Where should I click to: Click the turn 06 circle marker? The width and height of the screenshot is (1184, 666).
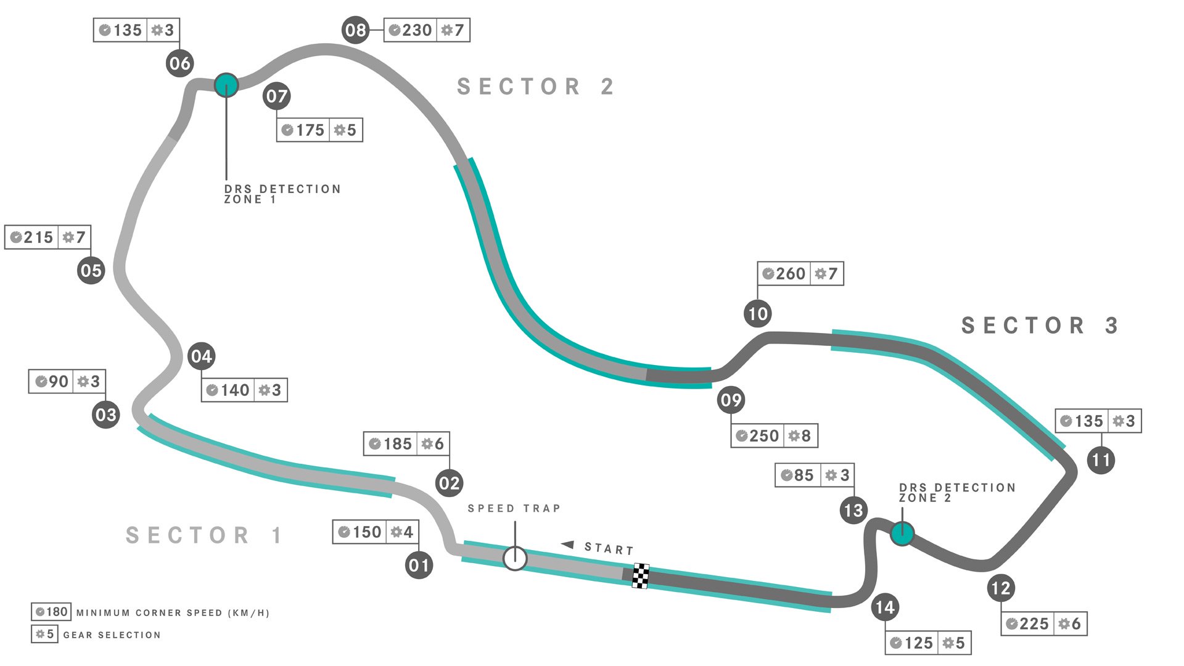[x=179, y=64]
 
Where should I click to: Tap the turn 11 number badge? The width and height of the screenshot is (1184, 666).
[x=1101, y=460]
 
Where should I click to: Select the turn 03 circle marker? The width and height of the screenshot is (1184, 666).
[x=105, y=414]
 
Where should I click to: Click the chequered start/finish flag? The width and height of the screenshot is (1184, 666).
[x=641, y=576]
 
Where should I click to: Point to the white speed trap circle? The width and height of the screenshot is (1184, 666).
[x=515, y=559]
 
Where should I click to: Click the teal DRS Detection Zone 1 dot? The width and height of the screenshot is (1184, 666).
[x=226, y=85]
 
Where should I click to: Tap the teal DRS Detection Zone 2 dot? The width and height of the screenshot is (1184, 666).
[x=902, y=533]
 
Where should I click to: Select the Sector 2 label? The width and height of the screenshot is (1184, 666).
[x=535, y=87]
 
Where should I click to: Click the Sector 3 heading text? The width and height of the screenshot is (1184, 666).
[x=1040, y=326]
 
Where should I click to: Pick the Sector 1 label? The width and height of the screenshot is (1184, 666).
[x=204, y=535]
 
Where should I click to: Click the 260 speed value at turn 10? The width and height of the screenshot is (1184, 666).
[x=790, y=274]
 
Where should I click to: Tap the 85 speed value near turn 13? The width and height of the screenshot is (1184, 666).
[x=803, y=475]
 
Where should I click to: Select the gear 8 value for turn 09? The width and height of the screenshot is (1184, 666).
[x=805, y=436]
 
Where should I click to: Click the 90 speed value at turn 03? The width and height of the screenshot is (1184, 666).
[x=58, y=382]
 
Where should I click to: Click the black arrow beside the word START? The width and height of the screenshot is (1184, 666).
[x=568, y=545]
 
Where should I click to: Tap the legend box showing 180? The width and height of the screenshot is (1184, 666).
[x=51, y=612]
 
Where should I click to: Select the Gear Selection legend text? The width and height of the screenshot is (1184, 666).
[x=112, y=635]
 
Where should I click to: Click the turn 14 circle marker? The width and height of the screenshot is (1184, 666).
[x=885, y=608]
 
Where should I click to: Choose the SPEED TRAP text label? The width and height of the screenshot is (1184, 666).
[x=514, y=509]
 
